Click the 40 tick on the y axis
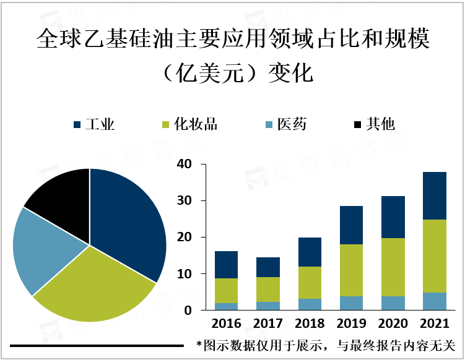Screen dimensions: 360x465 point(184,165)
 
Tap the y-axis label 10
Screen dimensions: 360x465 point(184,274)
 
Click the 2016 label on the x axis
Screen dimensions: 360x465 point(227,324)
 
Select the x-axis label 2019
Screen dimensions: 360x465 point(351,324)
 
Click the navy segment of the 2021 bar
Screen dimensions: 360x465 point(434,195)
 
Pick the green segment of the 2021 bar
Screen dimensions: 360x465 point(434,256)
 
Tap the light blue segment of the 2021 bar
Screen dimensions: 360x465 point(434,301)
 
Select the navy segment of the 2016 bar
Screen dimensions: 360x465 point(227,265)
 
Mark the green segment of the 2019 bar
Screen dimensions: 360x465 point(351,270)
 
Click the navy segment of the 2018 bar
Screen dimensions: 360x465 point(310,252)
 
